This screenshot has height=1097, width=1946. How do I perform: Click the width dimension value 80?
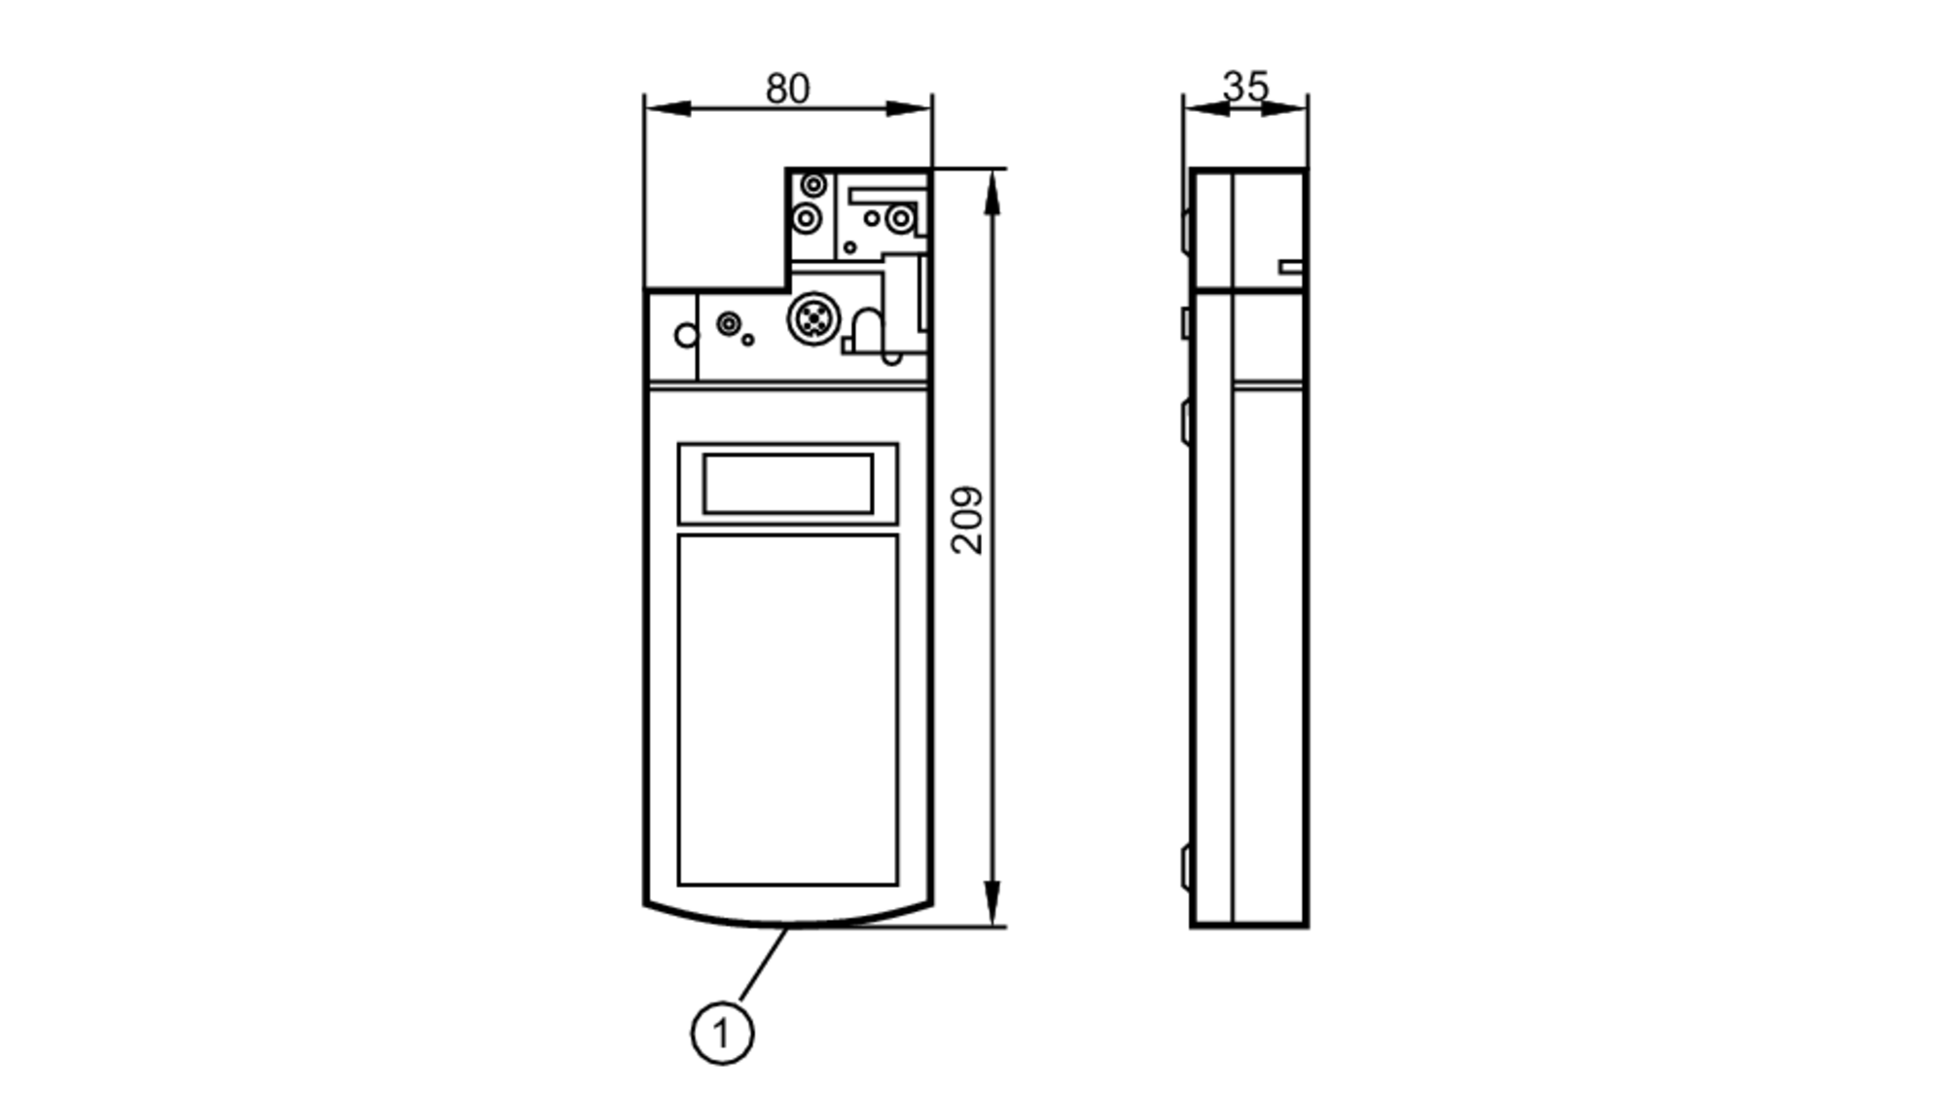click(786, 89)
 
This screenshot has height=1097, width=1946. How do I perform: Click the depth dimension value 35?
click(1245, 86)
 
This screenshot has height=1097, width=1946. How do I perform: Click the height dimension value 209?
click(967, 520)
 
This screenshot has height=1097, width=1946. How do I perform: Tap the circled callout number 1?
click(722, 1033)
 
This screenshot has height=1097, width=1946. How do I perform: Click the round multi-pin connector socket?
click(811, 318)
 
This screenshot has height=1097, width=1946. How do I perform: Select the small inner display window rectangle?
click(787, 484)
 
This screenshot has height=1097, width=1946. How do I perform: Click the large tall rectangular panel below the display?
click(787, 710)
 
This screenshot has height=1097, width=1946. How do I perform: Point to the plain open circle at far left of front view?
click(686, 336)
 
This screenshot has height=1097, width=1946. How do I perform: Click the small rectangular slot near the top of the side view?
click(1291, 267)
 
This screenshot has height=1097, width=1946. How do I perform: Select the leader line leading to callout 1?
click(764, 964)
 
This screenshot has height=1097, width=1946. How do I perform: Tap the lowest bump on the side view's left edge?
click(1186, 866)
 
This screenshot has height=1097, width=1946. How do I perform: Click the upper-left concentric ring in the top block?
click(813, 184)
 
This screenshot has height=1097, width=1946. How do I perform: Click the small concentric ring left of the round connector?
click(728, 323)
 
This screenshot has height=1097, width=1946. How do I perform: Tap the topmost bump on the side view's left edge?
click(1186, 230)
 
